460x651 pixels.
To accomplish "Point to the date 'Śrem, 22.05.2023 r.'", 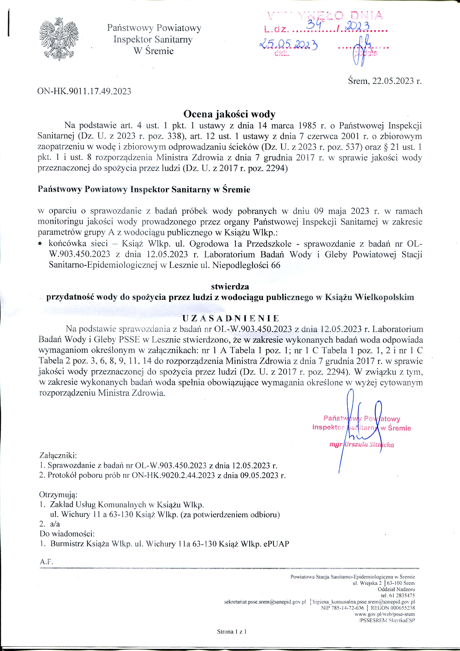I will coord(385,81).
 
